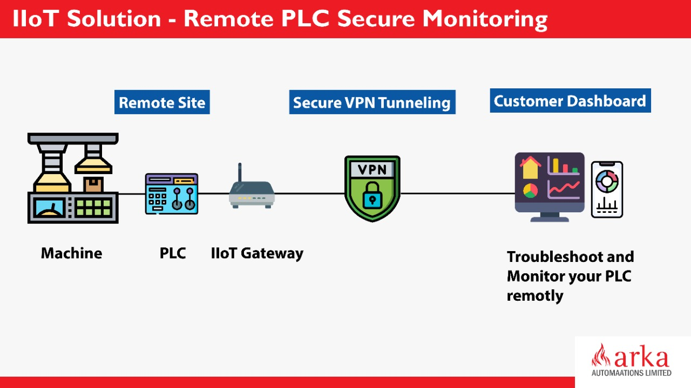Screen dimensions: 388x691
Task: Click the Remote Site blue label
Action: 162,102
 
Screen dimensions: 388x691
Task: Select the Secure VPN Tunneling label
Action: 372,102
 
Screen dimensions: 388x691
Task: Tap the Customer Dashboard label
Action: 570,101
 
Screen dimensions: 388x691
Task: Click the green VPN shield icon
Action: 372,189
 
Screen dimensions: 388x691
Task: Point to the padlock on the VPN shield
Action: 372,195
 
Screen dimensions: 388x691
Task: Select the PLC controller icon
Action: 172,194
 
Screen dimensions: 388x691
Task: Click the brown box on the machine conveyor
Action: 93,185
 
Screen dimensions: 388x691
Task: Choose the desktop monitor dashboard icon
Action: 550,186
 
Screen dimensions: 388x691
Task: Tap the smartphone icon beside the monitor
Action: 607,189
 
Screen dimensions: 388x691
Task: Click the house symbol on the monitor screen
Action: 531,168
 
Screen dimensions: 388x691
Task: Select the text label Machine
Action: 71,253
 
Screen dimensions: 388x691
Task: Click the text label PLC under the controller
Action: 173,253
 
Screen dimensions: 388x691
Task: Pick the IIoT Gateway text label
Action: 257,253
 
